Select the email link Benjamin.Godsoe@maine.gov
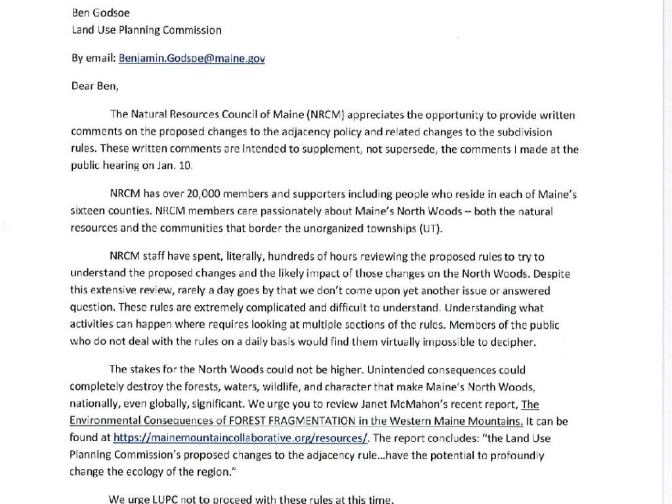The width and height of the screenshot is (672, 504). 192,58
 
